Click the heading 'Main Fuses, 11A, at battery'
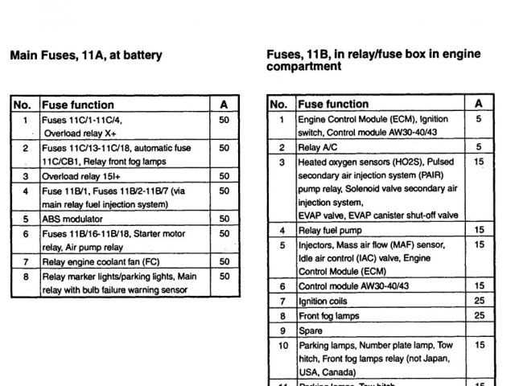pos(85,55)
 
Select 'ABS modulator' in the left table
pos(72,219)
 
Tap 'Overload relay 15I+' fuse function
pos(81,176)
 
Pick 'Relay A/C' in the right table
pos(318,148)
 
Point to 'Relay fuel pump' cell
pos(330,231)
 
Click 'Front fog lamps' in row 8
pos(328,315)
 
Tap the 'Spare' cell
pos(311,331)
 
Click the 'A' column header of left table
pos(224,105)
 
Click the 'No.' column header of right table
pos(279,104)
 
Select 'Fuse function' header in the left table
pos(77,105)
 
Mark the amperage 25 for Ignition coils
pos(479,301)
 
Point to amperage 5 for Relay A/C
pos(479,148)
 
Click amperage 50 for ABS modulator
pos(224,219)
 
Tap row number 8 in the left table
pos(25,276)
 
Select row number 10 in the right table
pos(282,345)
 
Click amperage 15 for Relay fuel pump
pos(479,231)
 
